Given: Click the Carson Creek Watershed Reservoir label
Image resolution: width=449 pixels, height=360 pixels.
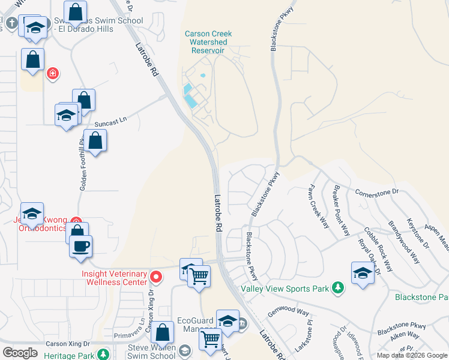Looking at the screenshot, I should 208,42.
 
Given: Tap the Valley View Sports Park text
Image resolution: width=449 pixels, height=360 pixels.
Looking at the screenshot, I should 285,289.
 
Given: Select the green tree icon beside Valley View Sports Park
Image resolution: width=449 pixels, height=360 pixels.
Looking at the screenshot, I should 339,289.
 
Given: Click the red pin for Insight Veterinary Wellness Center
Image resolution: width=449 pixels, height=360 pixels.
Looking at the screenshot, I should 156,277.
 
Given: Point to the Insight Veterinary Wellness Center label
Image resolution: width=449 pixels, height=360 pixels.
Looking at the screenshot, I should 114,277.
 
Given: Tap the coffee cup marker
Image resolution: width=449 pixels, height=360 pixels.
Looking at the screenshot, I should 80,246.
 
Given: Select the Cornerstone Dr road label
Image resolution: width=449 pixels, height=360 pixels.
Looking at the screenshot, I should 377,192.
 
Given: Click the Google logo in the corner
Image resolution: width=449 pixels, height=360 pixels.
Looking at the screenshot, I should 20,353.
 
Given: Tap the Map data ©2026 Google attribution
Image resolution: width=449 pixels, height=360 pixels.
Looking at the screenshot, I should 411,355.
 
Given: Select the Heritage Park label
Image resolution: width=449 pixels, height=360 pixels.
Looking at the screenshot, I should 69,355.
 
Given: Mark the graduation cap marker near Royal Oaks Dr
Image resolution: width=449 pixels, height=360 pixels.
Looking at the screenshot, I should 363,273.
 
